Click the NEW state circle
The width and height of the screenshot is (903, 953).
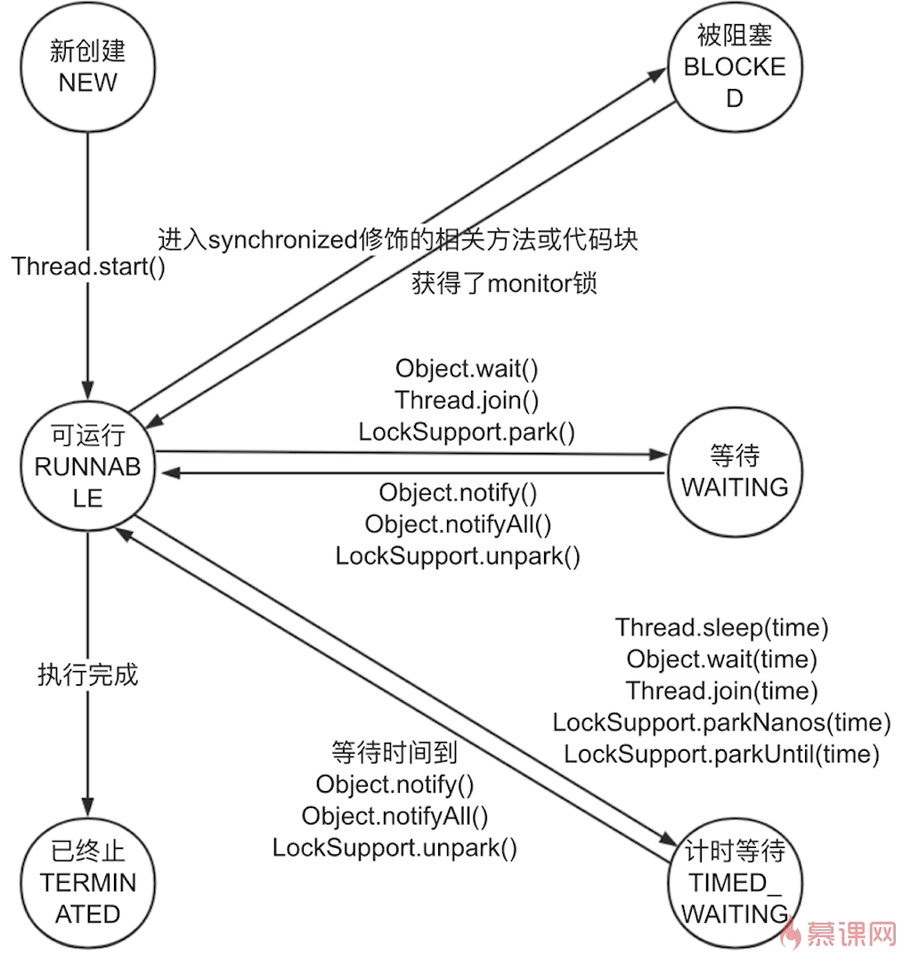[87, 67]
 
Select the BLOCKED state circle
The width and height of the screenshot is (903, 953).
[735, 68]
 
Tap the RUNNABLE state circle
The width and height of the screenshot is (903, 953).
[87, 467]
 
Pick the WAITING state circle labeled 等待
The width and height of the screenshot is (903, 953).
[735, 472]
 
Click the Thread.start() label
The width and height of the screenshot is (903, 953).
[89, 266]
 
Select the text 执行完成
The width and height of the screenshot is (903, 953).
[88, 674]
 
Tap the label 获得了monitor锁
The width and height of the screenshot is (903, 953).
[504, 284]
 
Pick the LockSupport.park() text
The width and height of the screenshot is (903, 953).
[467, 432]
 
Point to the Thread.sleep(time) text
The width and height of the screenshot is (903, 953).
[721, 627]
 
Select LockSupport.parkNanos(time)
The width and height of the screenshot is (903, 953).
[721, 722]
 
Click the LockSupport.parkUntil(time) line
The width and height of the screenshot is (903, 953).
[721, 754]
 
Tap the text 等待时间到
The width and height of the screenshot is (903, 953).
[395, 753]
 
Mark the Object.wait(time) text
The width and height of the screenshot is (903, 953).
[721, 659]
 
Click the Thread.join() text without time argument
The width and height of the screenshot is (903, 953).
[467, 400]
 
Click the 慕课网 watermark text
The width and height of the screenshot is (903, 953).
[850, 933]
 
